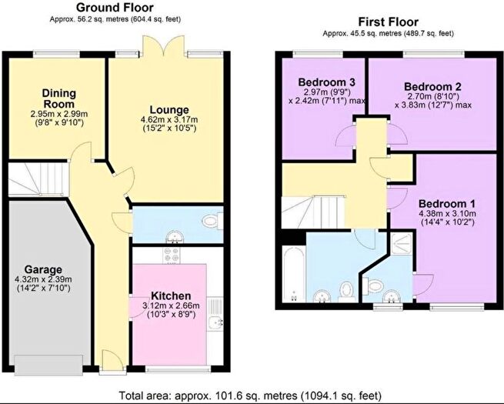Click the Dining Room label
(x=59, y=98)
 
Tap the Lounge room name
(x=169, y=110)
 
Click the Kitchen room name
(x=171, y=295)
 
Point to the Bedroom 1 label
(x=447, y=204)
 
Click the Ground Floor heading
(x=115, y=7)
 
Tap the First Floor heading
(x=389, y=22)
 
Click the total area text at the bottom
(x=250, y=395)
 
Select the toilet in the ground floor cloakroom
(x=213, y=221)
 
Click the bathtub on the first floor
(x=294, y=274)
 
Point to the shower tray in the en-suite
(x=401, y=243)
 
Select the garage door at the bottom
(x=48, y=365)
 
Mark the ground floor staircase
(x=38, y=179)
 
